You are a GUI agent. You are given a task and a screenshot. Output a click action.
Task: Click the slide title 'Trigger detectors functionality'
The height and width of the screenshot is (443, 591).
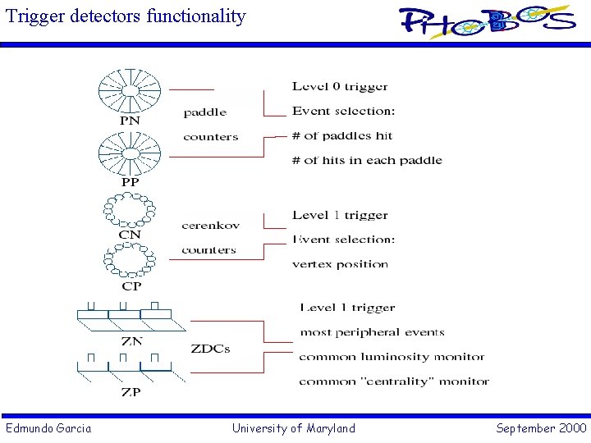(x=126, y=16)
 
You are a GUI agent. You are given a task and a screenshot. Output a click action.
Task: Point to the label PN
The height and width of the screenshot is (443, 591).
(x=130, y=121)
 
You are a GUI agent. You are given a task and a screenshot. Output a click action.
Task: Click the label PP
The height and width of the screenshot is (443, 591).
(x=130, y=182)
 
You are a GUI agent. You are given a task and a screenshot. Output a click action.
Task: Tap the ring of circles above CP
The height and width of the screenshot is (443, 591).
(x=130, y=262)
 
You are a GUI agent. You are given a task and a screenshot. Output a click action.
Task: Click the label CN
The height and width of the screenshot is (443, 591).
(x=130, y=235)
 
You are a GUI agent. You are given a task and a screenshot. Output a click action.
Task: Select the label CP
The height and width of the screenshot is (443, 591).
(x=131, y=286)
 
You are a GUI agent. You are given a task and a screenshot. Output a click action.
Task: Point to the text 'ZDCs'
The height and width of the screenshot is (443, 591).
(x=211, y=349)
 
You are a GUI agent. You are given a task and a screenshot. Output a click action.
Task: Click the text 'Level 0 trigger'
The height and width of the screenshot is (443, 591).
(x=340, y=87)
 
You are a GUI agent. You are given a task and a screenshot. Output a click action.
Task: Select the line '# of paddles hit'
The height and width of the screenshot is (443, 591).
(x=342, y=136)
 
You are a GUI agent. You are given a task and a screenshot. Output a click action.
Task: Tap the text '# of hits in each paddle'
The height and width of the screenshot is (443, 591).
(x=367, y=161)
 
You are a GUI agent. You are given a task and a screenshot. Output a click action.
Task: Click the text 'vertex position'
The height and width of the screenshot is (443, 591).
(x=340, y=264)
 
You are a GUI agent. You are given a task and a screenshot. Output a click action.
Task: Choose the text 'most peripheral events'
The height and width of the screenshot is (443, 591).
(x=372, y=332)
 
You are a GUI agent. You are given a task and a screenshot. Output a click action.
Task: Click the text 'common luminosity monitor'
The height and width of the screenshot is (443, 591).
(x=392, y=357)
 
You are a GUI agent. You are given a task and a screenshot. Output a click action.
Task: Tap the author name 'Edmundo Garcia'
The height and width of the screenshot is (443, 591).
(x=48, y=428)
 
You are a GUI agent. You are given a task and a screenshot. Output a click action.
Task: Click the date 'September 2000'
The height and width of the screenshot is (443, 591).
(x=541, y=428)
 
